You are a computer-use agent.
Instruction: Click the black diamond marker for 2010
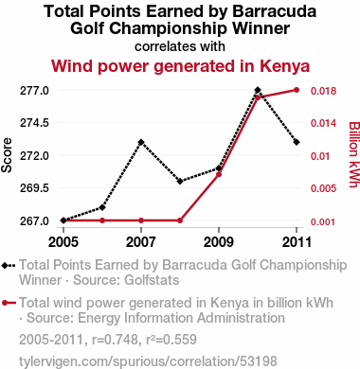coord(258,90)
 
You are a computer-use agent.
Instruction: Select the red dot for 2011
coord(297,90)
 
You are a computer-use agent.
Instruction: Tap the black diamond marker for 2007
coord(141,142)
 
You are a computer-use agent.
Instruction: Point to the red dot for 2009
coord(219,174)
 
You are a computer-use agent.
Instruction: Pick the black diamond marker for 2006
coord(102,207)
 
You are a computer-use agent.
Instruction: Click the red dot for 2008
coord(180,220)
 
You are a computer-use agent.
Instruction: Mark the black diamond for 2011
coord(297,142)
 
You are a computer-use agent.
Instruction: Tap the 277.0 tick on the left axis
coord(34,91)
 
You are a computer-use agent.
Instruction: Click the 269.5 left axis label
coord(34,188)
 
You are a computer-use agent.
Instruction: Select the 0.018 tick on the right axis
coord(324,91)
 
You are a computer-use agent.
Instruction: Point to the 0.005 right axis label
coord(324,188)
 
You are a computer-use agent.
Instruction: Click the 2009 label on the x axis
coord(219,242)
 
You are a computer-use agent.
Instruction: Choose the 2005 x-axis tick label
coord(63,242)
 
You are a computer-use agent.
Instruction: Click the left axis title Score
coord(7,155)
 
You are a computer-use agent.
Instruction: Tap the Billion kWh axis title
coord(354,155)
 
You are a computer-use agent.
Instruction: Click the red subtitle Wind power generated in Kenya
coord(180,66)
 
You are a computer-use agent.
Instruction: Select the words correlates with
coord(180,46)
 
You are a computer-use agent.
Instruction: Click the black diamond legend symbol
coord(9,266)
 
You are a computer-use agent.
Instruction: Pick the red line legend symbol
coord(9,303)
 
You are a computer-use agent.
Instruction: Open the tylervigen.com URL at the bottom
coord(148,361)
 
